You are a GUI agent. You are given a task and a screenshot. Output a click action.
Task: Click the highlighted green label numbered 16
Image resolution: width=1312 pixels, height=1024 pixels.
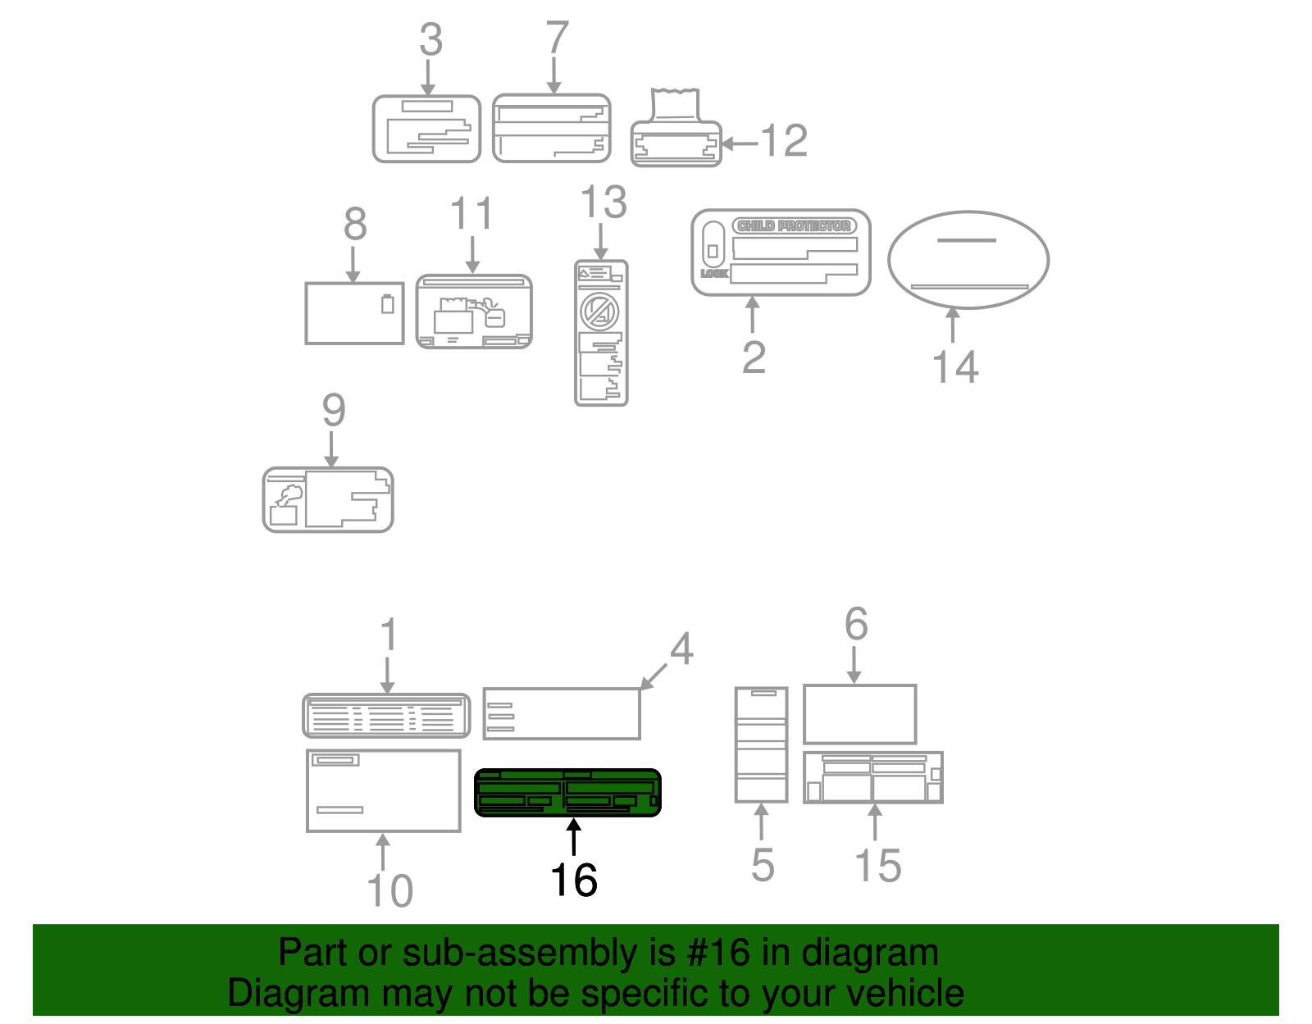click(567, 793)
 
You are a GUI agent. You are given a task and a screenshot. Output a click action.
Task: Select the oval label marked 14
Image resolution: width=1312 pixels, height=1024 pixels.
click(968, 260)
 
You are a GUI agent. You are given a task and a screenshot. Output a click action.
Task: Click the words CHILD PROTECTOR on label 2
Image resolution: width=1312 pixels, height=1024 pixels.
click(794, 225)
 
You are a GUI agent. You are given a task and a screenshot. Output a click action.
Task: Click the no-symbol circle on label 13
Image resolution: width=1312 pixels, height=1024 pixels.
click(599, 311)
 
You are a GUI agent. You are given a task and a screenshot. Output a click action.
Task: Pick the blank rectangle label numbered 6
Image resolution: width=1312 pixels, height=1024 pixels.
click(859, 714)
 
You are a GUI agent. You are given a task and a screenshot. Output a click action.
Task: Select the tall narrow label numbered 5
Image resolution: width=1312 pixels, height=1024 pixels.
click(761, 744)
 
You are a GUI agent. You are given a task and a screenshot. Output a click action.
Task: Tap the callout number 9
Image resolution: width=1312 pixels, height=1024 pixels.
click(333, 410)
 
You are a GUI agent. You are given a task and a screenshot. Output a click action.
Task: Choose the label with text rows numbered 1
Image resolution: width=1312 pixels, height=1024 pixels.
click(386, 716)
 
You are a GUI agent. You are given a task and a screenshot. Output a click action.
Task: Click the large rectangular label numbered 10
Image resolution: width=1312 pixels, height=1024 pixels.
click(383, 790)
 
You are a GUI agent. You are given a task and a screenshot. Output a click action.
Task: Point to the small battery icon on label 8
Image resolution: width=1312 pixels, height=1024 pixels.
click(388, 304)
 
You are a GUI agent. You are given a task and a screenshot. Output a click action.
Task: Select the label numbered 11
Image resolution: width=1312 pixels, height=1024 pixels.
click(474, 312)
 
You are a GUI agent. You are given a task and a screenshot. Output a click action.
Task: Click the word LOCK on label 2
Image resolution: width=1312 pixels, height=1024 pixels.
click(713, 273)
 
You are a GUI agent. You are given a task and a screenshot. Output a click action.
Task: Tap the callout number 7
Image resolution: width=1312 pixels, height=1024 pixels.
click(557, 38)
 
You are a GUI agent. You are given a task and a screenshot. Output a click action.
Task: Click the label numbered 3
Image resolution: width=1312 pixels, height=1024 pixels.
click(426, 129)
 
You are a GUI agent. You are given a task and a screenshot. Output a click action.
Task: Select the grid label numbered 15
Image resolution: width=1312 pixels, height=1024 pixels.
click(872, 777)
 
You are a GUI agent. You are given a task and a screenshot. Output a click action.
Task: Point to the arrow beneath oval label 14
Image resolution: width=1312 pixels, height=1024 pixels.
click(952, 325)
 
